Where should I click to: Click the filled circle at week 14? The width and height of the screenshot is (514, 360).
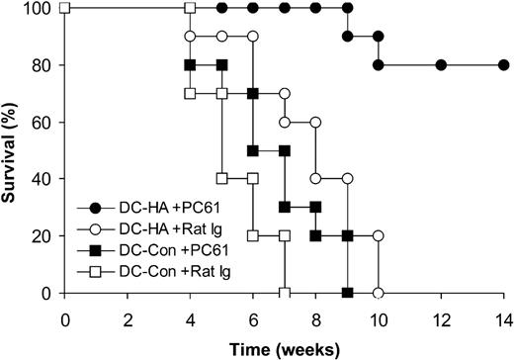click(x=503, y=65)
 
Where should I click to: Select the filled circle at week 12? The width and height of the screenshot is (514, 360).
click(x=441, y=65)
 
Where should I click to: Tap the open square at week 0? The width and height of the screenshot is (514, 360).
click(x=64, y=9)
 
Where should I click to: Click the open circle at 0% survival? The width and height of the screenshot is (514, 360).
click(x=378, y=294)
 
